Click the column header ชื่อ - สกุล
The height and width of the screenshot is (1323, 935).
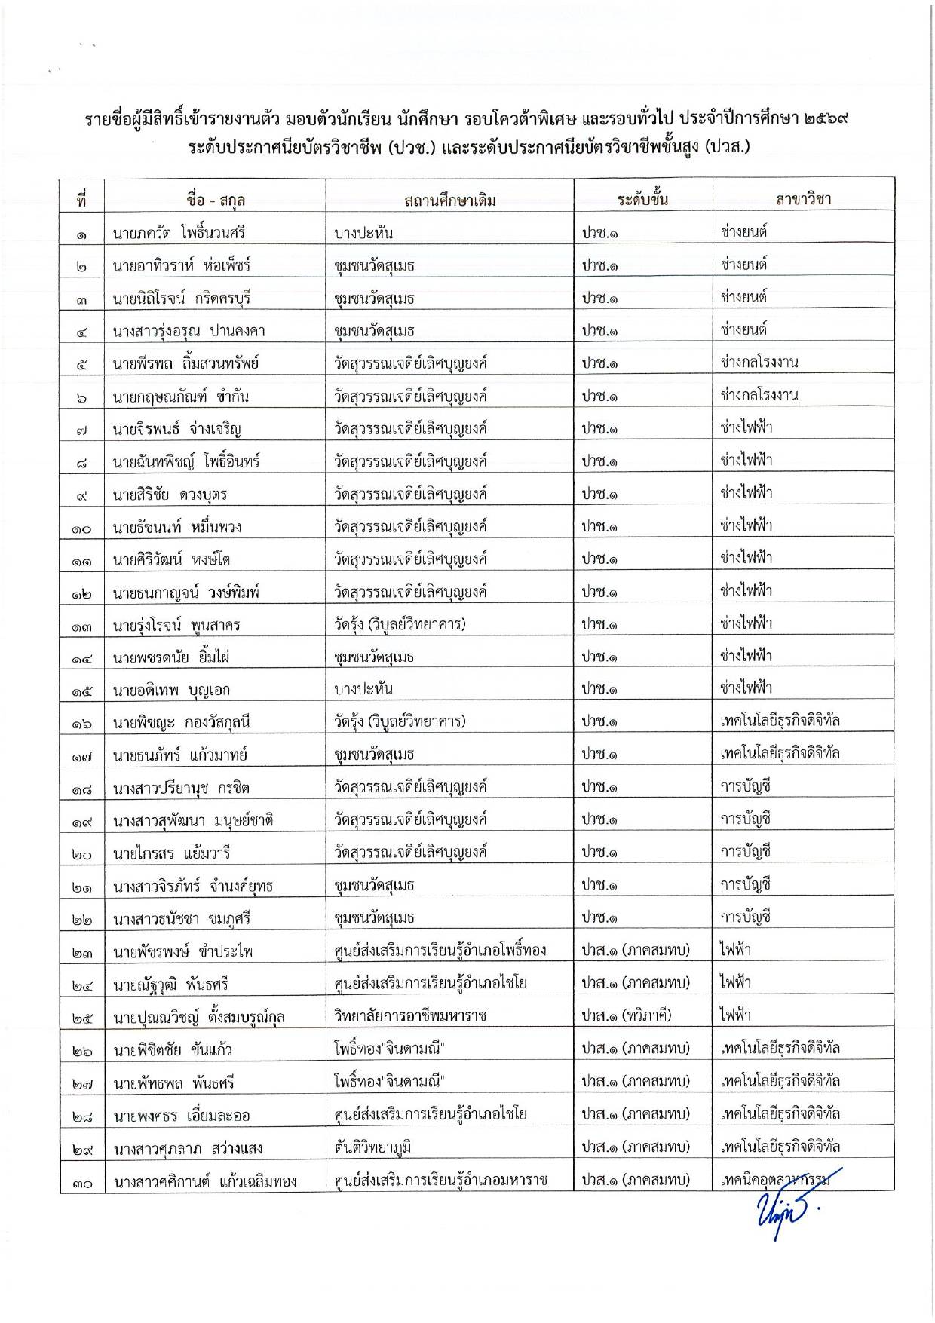click(215, 200)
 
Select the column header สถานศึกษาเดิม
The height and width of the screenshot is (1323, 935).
click(450, 200)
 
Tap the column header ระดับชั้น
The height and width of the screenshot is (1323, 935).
click(642, 199)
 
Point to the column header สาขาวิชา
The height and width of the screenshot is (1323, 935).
click(803, 199)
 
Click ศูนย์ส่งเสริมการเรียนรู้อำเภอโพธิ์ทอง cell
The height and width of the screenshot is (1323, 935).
click(440, 951)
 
